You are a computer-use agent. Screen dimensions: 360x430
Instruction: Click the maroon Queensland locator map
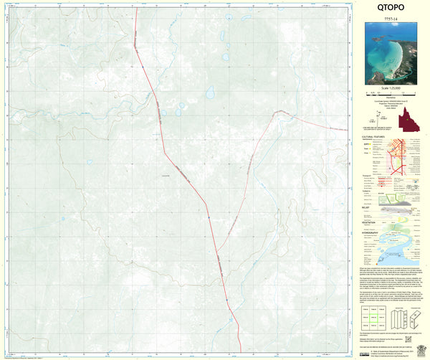tap(410, 118)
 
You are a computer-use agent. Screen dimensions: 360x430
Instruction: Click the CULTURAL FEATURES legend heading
tap(376, 134)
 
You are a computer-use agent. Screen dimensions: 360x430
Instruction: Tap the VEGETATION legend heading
tap(371, 222)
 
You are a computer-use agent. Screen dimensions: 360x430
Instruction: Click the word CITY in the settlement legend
tap(367, 143)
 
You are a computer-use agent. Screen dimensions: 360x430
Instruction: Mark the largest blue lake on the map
tap(209, 93)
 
